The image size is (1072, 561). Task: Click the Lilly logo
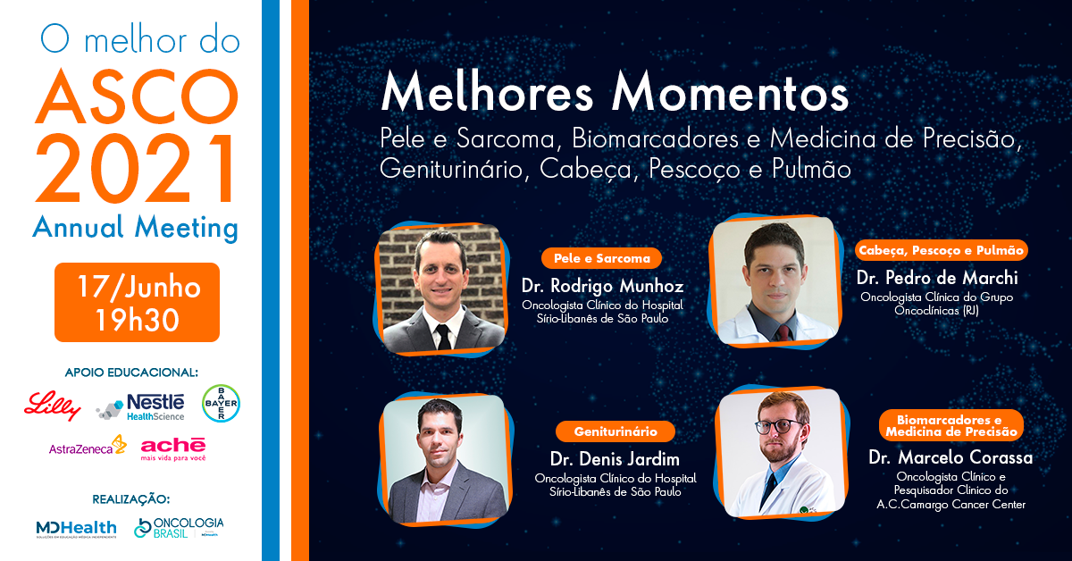point(53,406)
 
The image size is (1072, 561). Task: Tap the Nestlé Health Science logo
point(139,407)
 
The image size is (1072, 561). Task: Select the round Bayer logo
point(221,404)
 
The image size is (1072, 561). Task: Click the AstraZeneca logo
point(88,446)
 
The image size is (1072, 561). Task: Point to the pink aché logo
point(173,449)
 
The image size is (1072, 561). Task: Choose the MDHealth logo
point(77,529)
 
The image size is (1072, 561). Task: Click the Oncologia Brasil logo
point(179,527)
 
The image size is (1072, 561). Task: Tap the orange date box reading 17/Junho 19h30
point(137,302)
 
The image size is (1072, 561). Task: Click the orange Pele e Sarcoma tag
point(601,258)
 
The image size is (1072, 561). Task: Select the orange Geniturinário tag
point(616,431)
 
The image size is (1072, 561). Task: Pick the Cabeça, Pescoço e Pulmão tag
point(941,250)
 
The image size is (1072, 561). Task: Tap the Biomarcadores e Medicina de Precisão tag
point(951,425)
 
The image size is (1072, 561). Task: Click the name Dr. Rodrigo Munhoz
point(602,286)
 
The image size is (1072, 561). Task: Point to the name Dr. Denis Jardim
point(615,459)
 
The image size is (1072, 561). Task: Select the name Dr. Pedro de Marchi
point(937,278)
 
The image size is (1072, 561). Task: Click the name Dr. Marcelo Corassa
point(951,457)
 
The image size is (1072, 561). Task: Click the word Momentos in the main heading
point(731,93)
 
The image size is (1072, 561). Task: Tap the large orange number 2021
point(136,169)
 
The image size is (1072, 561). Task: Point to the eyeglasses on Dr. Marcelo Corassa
point(779,426)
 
